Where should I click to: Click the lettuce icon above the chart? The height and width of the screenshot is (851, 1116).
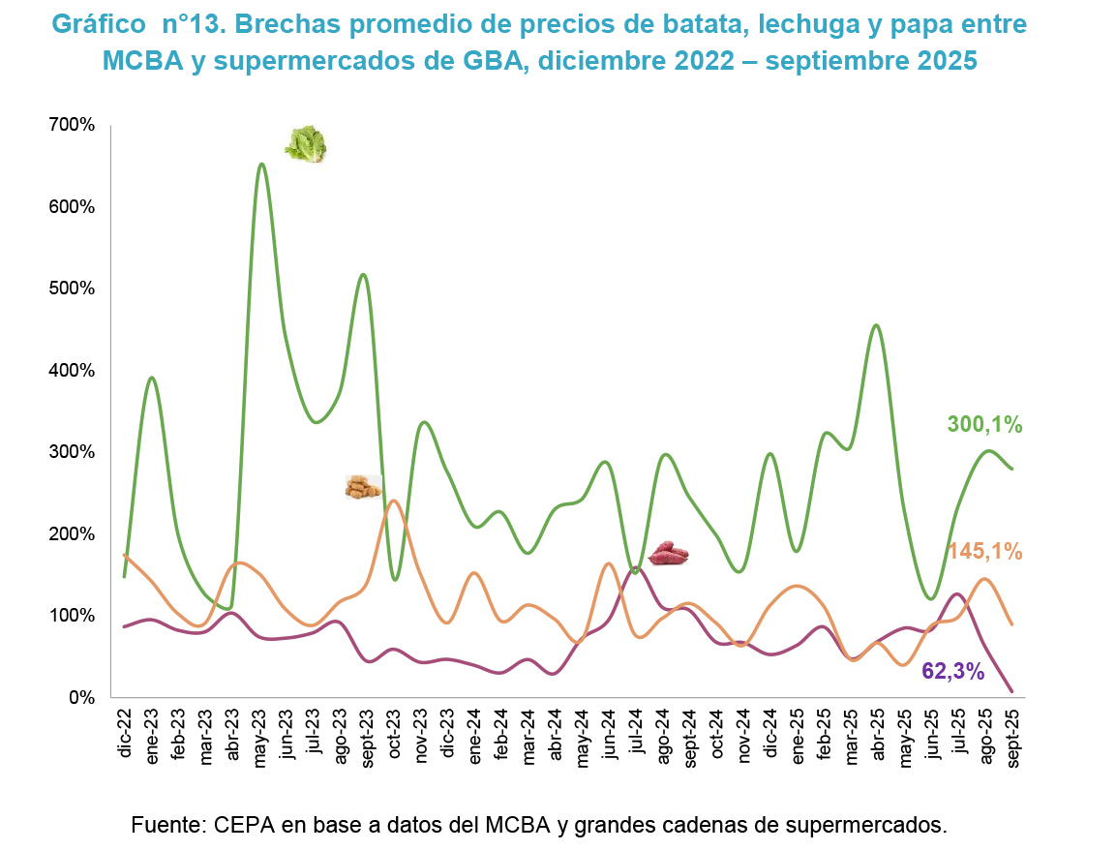(x=306, y=144)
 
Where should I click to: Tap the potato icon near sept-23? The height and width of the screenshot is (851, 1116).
(x=364, y=487)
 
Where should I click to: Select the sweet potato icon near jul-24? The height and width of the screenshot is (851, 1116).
(x=667, y=554)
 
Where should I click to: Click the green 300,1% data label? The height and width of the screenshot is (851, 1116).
(x=984, y=424)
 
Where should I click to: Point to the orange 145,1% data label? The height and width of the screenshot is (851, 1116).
(x=984, y=552)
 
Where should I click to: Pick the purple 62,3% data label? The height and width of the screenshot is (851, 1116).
(x=953, y=670)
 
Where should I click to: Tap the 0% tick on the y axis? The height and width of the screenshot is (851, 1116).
(x=81, y=697)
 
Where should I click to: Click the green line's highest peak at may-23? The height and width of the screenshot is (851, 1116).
(x=261, y=165)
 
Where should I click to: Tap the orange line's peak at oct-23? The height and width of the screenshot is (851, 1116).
(x=394, y=501)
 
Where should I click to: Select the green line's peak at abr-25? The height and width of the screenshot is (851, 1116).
(x=876, y=325)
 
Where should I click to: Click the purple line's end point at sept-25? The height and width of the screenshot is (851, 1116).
(x=1012, y=690)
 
